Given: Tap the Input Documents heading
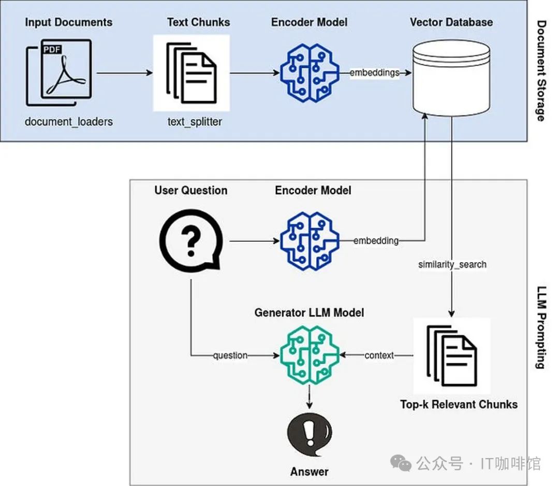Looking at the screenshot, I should click(x=68, y=22).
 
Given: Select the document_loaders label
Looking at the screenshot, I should click(x=68, y=122).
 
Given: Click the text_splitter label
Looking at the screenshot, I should click(x=195, y=122).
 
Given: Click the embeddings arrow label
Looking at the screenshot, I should click(x=374, y=73).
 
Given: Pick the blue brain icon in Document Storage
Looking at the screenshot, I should click(x=310, y=73).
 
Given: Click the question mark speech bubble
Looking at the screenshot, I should click(x=190, y=241).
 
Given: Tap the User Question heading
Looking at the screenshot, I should click(x=190, y=190).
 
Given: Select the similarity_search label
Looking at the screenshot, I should click(x=452, y=264).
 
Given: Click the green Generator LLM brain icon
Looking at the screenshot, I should click(x=310, y=355).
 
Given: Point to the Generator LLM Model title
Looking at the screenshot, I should click(x=309, y=312).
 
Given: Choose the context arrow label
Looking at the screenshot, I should click(x=379, y=355).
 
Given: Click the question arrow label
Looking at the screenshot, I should click(x=230, y=355).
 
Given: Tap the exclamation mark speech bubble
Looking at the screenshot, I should click(x=310, y=433).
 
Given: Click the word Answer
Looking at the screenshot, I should click(x=309, y=471).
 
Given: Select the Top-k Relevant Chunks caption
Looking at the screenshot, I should click(x=459, y=404).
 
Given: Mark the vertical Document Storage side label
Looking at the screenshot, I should click(x=541, y=70).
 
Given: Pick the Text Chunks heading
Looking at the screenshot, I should click(x=198, y=22).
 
